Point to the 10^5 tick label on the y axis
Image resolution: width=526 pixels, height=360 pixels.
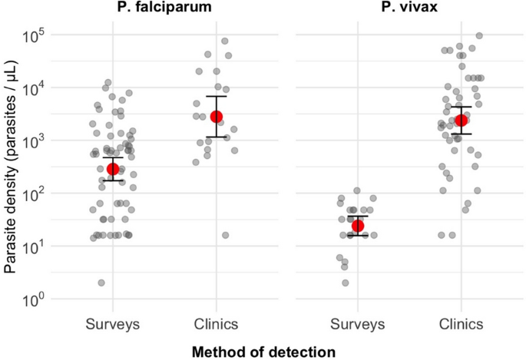click(x=35, y=36)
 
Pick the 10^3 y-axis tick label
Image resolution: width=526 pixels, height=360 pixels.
click(x=35, y=142)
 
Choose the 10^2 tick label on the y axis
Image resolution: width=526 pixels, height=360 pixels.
click(x=35, y=194)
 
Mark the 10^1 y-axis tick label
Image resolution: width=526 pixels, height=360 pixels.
click(x=35, y=247)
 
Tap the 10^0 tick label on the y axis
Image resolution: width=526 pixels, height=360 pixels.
click(x=35, y=300)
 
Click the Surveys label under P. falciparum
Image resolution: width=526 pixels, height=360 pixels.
click(x=113, y=324)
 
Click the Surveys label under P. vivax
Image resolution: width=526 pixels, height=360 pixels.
click(x=358, y=324)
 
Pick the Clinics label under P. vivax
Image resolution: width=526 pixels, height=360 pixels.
click(x=461, y=324)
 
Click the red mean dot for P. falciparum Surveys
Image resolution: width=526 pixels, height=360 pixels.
click(x=113, y=169)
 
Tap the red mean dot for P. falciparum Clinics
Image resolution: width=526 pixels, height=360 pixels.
click(x=217, y=116)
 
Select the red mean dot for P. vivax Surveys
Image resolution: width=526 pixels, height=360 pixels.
click(x=358, y=226)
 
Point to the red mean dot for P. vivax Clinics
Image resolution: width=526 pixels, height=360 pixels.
click(x=461, y=121)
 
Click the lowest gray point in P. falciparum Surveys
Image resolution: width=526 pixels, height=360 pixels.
click(x=101, y=282)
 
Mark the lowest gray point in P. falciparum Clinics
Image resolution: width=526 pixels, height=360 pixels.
click(x=225, y=235)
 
